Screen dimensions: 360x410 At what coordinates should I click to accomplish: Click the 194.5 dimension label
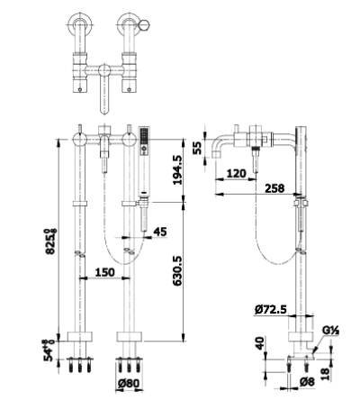[x=177, y=169]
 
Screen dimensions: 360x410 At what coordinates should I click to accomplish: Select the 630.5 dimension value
[x=177, y=270]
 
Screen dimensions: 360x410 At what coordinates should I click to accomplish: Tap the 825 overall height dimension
[x=50, y=241]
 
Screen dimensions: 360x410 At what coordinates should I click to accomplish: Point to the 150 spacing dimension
[x=104, y=272]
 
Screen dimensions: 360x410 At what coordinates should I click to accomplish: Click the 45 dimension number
[x=160, y=232]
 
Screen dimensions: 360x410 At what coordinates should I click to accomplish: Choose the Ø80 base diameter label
[x=129, y=383]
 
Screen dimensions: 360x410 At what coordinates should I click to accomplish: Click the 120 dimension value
[x=236, y=173]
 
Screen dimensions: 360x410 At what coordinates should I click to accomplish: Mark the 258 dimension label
[x=274, y=188]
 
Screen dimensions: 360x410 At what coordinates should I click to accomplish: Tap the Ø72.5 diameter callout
[x=271, y=309]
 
